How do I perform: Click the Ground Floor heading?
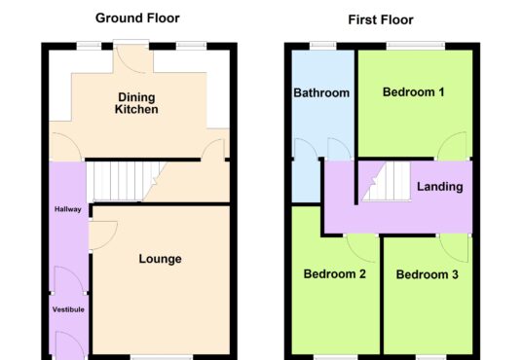coord(137,18)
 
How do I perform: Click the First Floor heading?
coord(381,20)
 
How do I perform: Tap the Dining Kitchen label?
coord(136,103)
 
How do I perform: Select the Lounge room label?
coord(160,259)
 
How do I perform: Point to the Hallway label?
coord(68,209)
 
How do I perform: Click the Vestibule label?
coord(68,309)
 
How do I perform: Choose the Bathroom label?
coord(321,92)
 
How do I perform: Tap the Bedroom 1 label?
coord(414,92)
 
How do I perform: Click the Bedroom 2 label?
coord(335,274)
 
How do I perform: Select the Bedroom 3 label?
coord(428,274)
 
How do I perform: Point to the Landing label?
coord(440,187)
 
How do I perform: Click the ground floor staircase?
coord(127,181)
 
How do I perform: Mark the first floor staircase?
coord(388,181)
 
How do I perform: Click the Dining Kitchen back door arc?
coord(129,66)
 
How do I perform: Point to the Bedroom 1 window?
coord(416,45)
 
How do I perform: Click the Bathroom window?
coord(323,45)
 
